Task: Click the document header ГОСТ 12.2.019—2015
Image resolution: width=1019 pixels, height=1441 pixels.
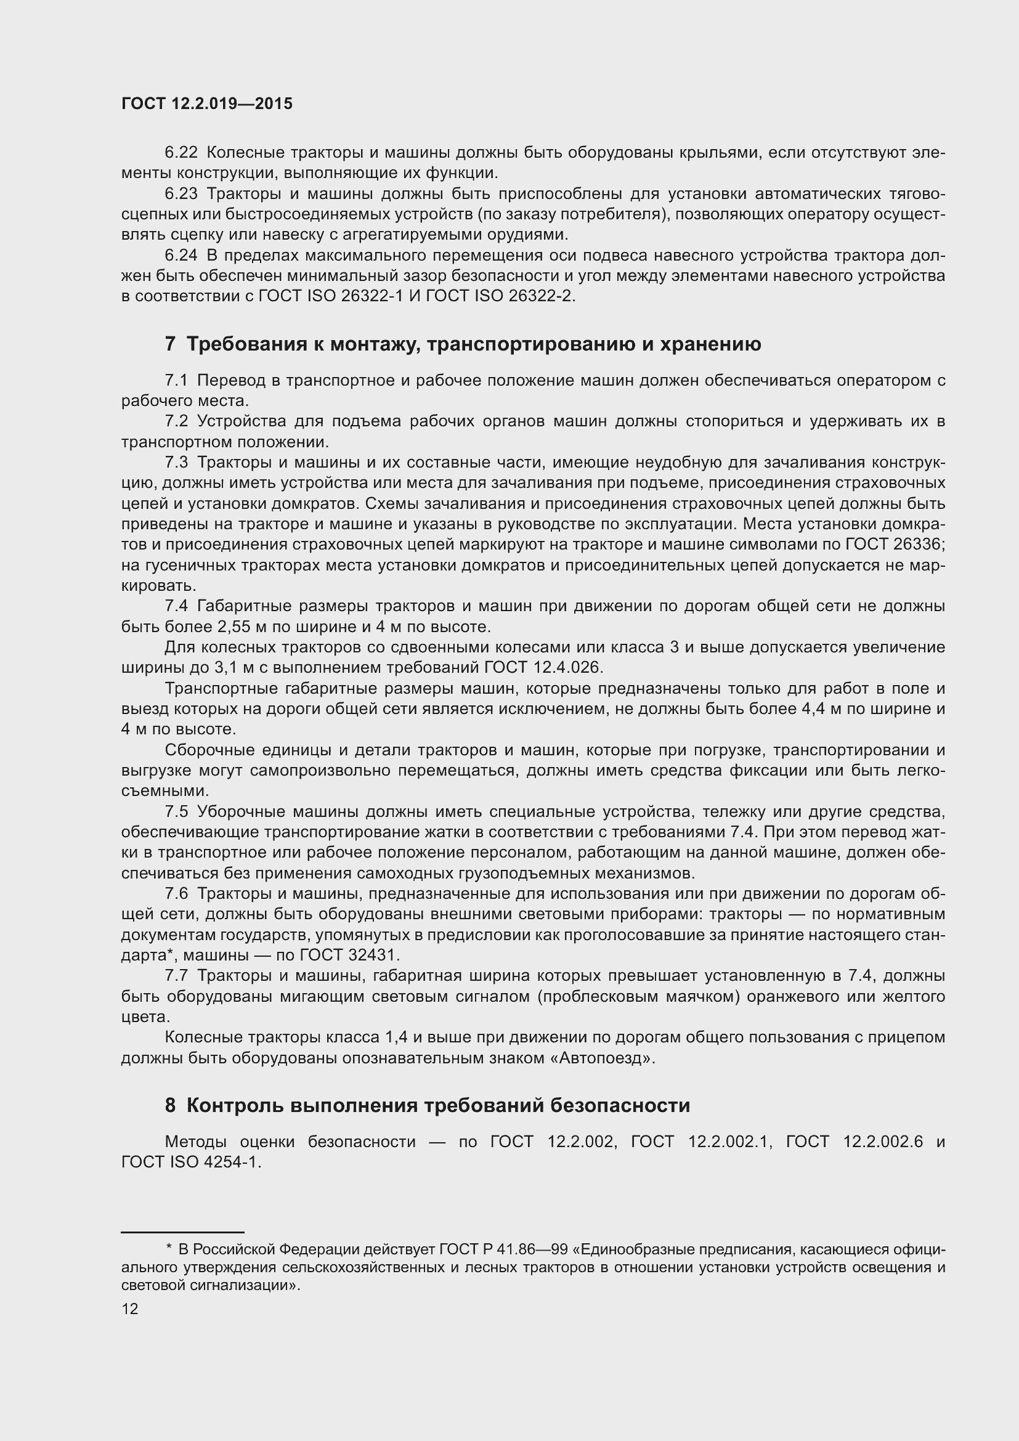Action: (207, 104)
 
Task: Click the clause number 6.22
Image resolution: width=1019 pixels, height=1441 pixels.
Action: (181, 153)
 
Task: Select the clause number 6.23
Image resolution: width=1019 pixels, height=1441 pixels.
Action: (181, 194)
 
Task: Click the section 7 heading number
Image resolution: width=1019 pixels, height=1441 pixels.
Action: (170, 344)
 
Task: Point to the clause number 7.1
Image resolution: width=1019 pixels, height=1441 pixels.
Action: (176, 381)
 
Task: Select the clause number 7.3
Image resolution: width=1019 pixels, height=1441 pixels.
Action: (176, 463)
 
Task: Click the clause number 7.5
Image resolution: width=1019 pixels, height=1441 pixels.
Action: (176, 812)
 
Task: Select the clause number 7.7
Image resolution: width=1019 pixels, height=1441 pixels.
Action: (176, 976)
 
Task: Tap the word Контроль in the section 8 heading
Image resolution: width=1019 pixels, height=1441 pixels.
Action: (235, 1105)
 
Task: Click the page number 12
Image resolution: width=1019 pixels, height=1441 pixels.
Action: (130, 1309)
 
